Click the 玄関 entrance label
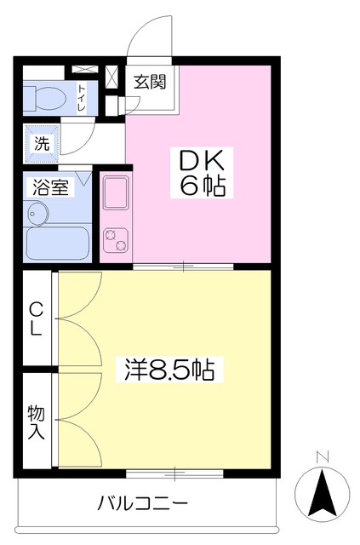[x=150, y=83]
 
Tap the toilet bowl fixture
[x=45, y=99]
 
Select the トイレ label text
[x=82, y=97]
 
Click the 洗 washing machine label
[x=42, y=144]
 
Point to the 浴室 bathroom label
[x=51, y=187]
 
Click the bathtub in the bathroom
[x=58, y=243]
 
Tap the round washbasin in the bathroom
[x=37, y=214]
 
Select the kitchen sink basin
[x=117, y=192]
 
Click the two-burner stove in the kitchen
[x=116, y=240]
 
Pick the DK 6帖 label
[x=202, y=173]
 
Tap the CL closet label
[x=36, y=318]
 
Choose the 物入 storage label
[x=37, y=422]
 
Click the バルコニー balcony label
[x=142, y=503]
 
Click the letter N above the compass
[x=323, y=456]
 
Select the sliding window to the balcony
[x=174, y=473]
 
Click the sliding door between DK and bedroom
[x=183, y=267]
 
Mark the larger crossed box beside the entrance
[x=111, y=77]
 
